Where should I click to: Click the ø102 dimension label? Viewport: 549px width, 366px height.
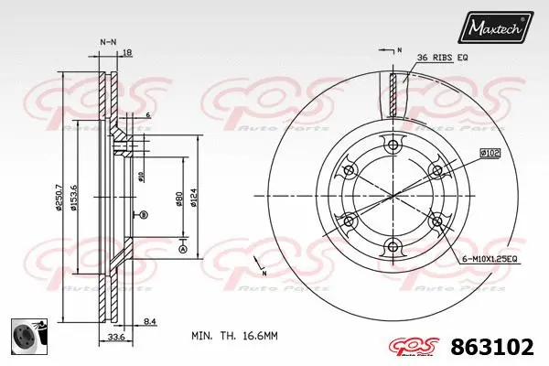(490, 155)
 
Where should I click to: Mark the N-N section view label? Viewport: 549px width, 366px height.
(107, 43)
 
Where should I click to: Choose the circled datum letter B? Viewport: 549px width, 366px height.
(144, 215)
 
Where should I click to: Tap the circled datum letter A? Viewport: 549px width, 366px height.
(183, 250)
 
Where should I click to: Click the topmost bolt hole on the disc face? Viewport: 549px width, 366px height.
(393, 145)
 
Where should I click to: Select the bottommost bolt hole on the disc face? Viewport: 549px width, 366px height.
(393, 245)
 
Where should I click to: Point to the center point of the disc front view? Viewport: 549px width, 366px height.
(393, 196)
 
